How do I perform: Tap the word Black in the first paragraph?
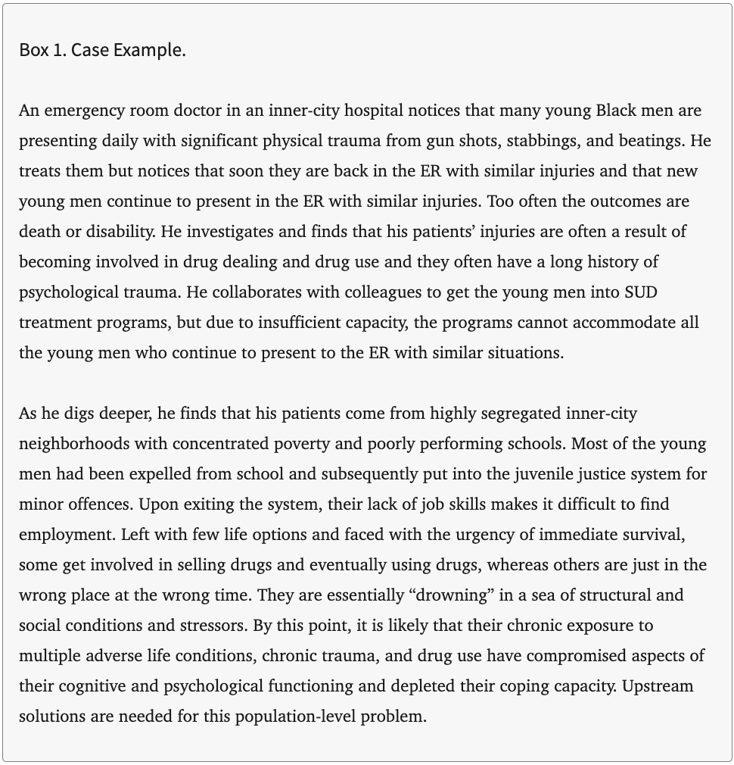[616, 111]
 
